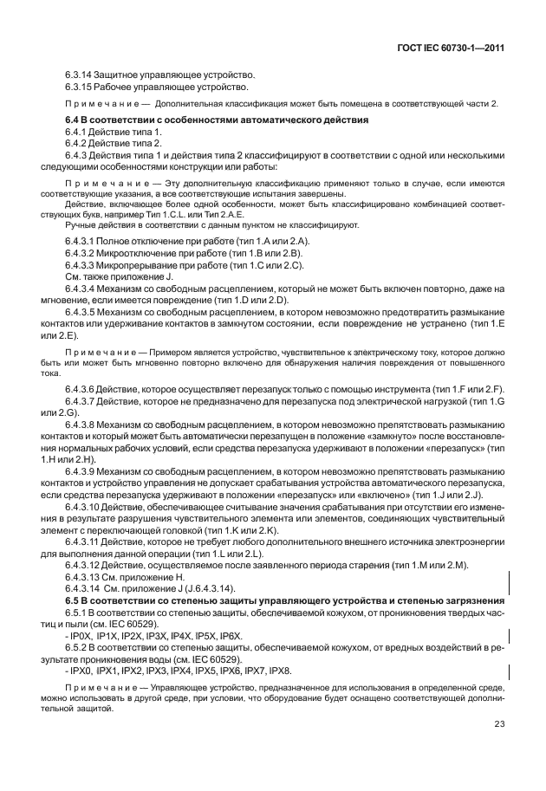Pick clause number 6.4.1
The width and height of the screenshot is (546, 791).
tap(78, 131)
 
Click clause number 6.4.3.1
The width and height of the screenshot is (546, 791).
tap(84, 239)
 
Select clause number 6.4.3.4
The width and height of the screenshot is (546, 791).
tap(84, 287)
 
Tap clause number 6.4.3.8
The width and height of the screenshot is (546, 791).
tap(84, 425)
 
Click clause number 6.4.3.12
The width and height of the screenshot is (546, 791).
tap(87, 565)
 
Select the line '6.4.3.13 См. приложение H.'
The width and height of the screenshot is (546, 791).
tap(127, 577)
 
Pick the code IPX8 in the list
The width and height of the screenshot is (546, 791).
tap(277, 671)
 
